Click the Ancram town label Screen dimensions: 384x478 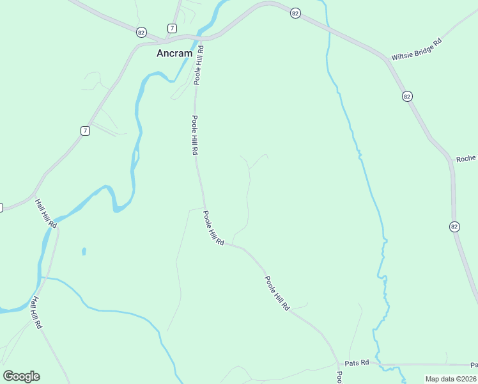174,54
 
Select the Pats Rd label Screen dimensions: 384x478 357,362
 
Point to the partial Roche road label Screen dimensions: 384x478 466,159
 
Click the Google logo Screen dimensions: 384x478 21,376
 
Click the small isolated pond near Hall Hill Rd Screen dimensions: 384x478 83,251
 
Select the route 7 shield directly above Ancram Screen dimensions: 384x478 172,28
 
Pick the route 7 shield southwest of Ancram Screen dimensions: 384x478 85,131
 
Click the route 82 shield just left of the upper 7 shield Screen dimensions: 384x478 141,31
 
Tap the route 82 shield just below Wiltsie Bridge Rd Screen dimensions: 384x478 407,96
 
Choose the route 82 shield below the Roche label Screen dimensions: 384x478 454,227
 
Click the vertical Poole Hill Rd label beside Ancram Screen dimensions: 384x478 199,65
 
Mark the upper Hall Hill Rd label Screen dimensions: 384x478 46,213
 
